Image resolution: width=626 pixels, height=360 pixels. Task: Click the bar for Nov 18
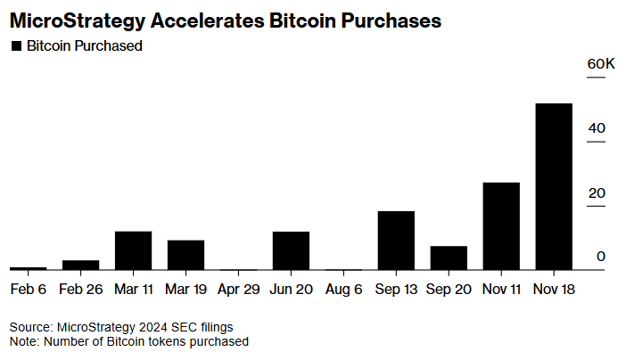click(553, 187)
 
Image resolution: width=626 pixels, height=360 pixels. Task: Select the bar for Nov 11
click(501, 226)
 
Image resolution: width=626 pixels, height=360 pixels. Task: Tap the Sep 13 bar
click(396, 241)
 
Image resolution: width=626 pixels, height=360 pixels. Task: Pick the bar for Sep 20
click(449, 258)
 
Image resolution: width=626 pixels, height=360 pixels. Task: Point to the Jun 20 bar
click(291, 250)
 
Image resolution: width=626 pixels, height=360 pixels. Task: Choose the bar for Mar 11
click(133, 250)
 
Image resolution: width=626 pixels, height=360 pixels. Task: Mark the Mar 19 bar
click(185, 255)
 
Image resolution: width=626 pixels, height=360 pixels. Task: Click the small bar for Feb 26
click(80, 265)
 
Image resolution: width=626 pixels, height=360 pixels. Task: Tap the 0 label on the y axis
click(601, 257)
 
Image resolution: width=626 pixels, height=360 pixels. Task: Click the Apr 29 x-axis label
click(238, 290)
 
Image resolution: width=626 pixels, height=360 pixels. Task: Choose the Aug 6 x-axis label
click(343, 290)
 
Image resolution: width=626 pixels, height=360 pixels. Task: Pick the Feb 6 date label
click(28, 290)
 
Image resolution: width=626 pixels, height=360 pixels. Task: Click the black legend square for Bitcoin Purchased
click(15, 46)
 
